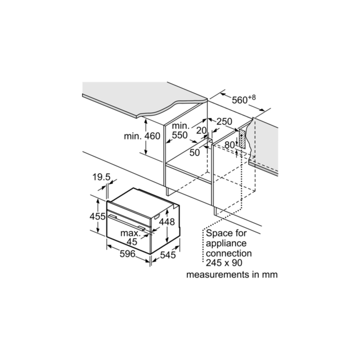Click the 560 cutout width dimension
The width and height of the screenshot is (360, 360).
[x=240, y=100]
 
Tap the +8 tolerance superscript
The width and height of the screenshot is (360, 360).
[x=252, y=97]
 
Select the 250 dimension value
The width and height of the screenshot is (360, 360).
[x=224, y=121]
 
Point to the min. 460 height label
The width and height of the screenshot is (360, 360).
[x=142, y=136]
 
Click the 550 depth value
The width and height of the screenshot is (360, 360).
[x=180, y=135]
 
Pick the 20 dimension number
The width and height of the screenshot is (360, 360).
[x=201, y=130]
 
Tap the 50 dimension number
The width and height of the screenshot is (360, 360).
[x=195, y=152]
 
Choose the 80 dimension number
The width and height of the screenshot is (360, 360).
[x=229, y=145]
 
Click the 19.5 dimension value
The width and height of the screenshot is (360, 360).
[x=101, y=177]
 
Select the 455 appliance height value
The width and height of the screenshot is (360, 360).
[x=97, y=216]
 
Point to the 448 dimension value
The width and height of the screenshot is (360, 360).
[x=167, y=222]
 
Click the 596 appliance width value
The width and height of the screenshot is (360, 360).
[x=128, y=254]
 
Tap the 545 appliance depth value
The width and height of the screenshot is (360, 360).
[x=168, y=255]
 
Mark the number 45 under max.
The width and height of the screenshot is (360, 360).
[x=132, y=242]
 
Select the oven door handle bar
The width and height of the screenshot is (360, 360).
[x=127, y=222]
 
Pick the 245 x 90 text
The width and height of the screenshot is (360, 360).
[x=224, y=263]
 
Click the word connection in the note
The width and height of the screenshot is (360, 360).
[x=229, y=253]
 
